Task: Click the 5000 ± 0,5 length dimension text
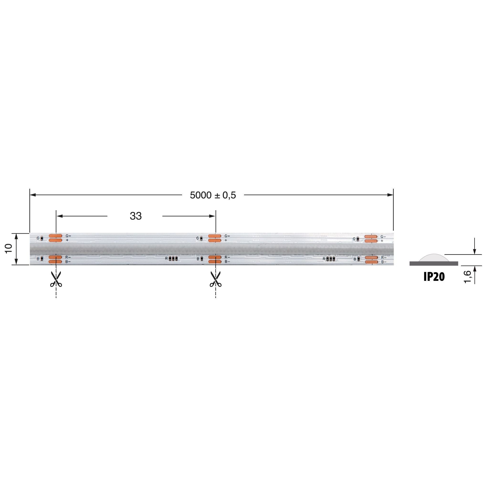pos(213,195)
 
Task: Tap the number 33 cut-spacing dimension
pos(136,216)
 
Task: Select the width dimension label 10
pos(9,249)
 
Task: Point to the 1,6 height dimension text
pos(468,277)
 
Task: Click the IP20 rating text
pos(434,277)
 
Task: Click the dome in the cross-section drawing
pos(434,258)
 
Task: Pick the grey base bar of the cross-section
pos(434,263)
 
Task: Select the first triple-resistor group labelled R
pos(173,258)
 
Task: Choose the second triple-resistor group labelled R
pos(330,259)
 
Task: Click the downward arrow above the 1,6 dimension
pos(474,251)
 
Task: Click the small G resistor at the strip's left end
pos(42,238)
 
